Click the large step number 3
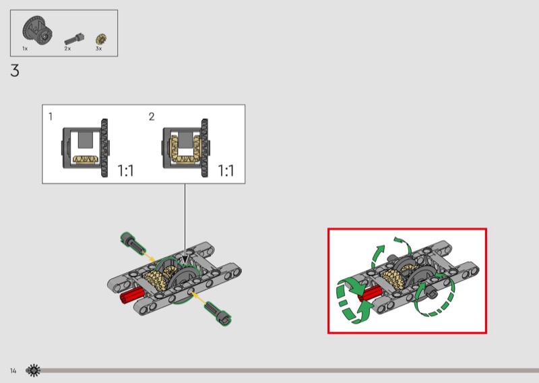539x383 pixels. (14, 71)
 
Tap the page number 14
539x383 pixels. (13, 371)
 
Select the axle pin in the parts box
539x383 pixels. (74, 38)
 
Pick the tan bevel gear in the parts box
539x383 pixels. (101, 39)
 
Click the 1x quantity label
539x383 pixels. (25, 49)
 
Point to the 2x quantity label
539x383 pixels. (67, 49)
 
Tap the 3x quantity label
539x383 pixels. (98, 49)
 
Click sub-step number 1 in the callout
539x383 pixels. (51, 117)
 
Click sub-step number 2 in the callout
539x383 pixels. (152, 117)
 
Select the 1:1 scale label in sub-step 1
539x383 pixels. (125, 171)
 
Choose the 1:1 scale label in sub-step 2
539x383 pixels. (226, 171)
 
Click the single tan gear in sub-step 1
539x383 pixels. (86, 159)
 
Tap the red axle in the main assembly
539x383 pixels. (132, 295)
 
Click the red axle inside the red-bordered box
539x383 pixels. (369, 293)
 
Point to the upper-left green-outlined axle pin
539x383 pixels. (132, 243)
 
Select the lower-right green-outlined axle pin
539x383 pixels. (218, 312)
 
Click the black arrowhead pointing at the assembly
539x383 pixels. (185, 260)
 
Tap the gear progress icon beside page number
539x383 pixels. (33, 371)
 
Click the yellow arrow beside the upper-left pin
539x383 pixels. (148, 258)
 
